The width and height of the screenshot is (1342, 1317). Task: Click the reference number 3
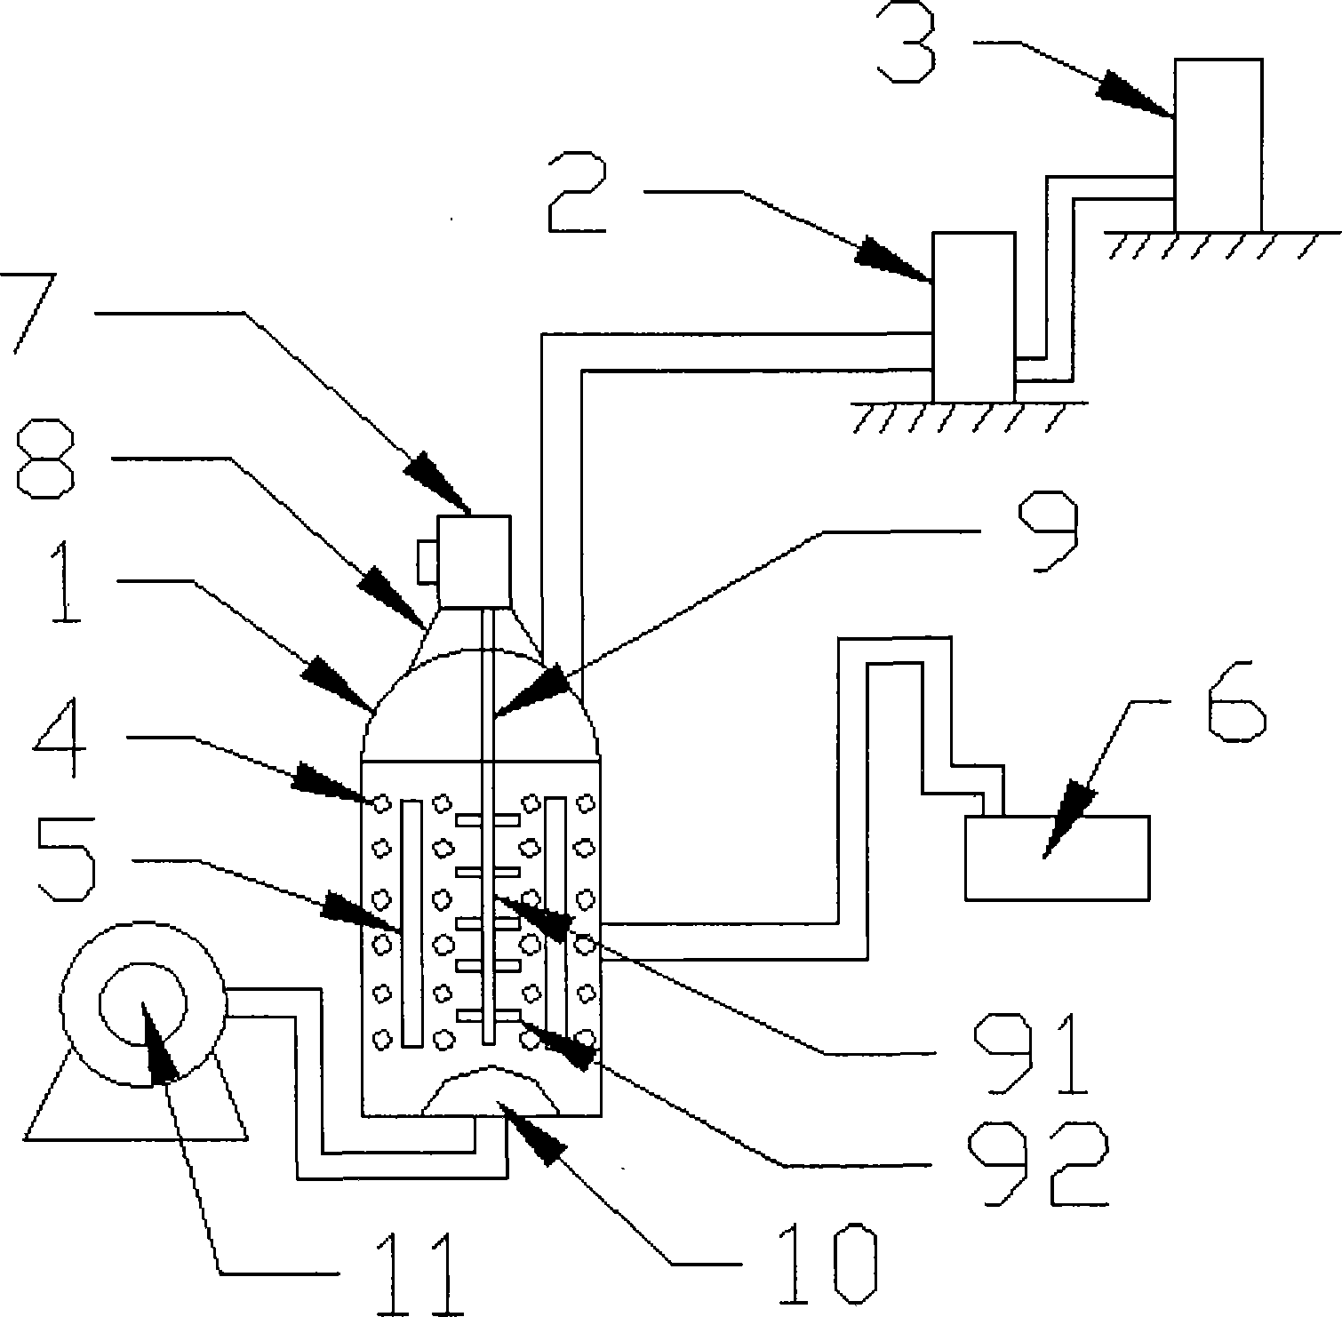pos(906,43)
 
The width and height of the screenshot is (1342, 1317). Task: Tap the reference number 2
pos(579,192)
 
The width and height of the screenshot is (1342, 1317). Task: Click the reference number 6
pos(1235,697)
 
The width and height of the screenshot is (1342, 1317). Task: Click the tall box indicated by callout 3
pos(1218,146)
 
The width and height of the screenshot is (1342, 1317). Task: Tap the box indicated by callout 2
pos(972,317)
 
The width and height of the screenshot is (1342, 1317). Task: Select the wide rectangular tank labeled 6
pos(1058,858)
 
